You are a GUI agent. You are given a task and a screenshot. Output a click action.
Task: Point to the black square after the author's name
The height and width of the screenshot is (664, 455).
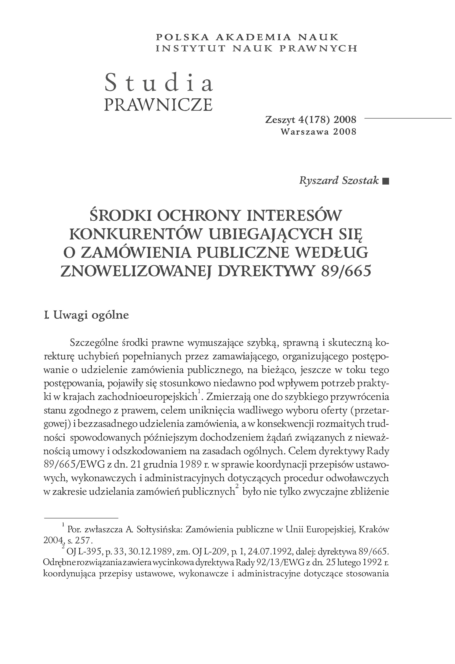click(386, 181)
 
